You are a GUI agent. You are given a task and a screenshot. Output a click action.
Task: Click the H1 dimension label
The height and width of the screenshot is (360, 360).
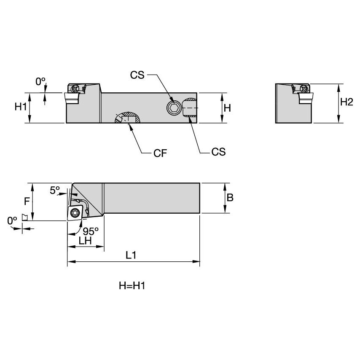[21, 107]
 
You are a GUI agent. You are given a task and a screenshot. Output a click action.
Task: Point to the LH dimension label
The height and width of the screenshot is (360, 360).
[86, 240]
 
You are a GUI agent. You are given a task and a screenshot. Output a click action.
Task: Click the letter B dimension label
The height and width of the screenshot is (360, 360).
[230, 197]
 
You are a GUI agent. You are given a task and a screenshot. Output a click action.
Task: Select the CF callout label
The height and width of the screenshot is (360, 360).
[161, 153]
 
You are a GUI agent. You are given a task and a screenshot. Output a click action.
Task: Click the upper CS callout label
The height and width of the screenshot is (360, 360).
[137, 75]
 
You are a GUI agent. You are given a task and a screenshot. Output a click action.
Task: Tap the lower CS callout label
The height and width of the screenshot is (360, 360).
[218, 152]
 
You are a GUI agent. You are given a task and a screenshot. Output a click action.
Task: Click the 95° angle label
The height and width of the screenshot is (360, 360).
[90, 231]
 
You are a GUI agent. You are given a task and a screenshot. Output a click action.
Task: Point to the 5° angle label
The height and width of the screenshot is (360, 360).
[55, 190]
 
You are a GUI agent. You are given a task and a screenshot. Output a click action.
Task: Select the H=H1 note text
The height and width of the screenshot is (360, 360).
[132, 286]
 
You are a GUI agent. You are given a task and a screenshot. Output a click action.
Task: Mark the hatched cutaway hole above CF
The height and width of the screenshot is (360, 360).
[127, 118]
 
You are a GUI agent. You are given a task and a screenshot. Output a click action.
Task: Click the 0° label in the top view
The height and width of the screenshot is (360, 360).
[40, 82]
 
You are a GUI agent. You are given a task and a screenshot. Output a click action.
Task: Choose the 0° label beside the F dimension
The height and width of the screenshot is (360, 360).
[12, 220]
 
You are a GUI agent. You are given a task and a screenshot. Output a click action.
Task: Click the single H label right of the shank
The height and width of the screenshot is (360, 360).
[227, 107]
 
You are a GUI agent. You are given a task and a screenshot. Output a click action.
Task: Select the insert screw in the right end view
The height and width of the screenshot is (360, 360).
[304, 89]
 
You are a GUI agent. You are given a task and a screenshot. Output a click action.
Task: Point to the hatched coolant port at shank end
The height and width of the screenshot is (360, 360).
[190, 109]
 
